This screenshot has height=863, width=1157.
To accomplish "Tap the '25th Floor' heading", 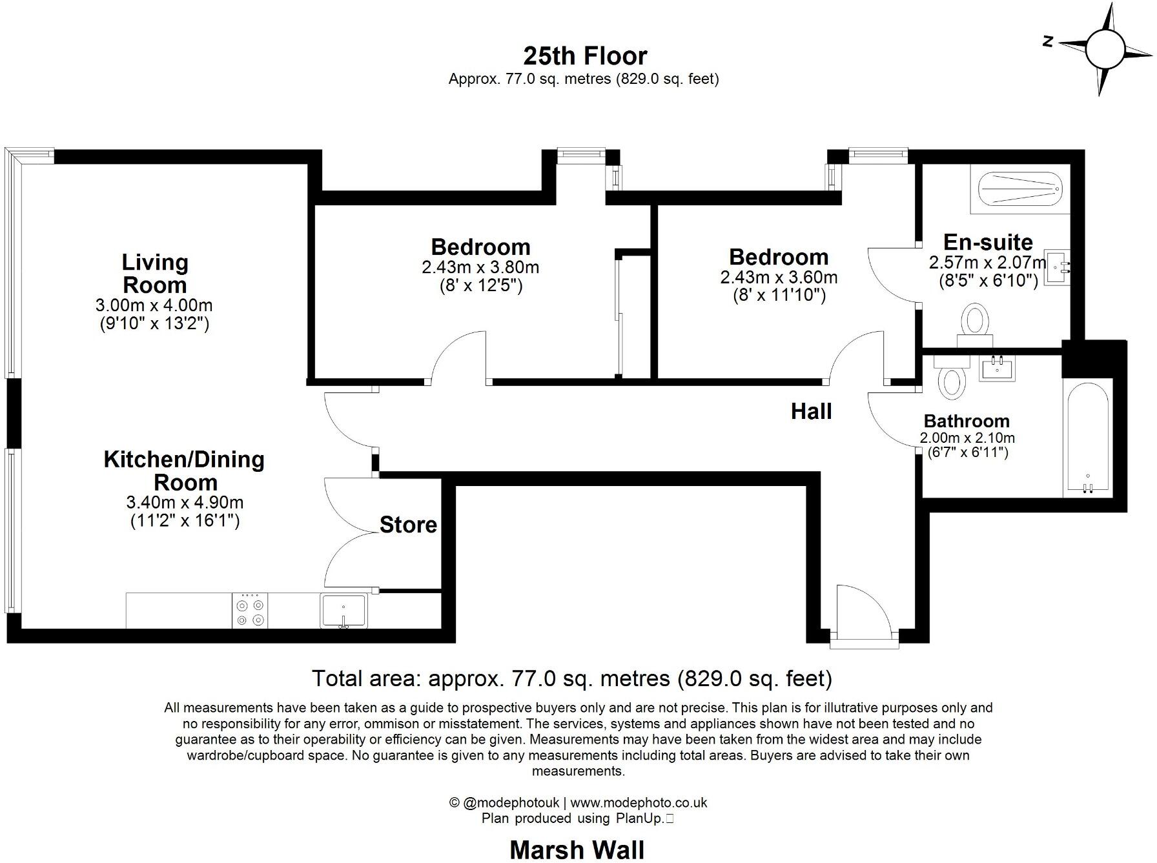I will point(585,56).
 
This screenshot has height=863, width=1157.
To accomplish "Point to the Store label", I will point(408,525).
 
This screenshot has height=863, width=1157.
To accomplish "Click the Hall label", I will point(811,411).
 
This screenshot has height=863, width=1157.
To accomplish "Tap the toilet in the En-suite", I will point(975,321).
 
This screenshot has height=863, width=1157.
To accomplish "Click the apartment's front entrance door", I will point(864,613).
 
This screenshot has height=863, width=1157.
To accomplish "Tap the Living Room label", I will point(155,274).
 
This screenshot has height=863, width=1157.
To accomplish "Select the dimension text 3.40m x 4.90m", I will point(185,502).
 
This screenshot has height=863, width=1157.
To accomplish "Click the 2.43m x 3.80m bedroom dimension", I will point(480,267).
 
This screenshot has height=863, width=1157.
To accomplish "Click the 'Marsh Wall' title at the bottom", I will point(577,849).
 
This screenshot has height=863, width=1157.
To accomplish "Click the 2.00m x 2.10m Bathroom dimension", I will point(967,438).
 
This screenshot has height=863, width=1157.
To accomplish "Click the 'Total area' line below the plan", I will point(572,678).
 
